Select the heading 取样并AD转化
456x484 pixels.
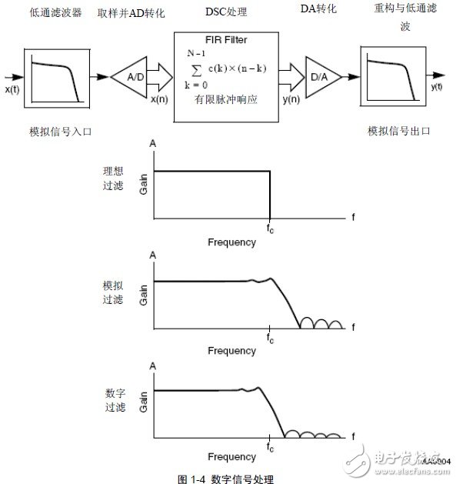tap(132, 14)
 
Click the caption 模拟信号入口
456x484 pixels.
tap(55, 131)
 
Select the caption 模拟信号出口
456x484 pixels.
tap(398, 131)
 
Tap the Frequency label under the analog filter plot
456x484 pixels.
tap(231, 351)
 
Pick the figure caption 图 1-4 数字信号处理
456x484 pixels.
tap(225, 478)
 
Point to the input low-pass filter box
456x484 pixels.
tap(56, 77)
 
